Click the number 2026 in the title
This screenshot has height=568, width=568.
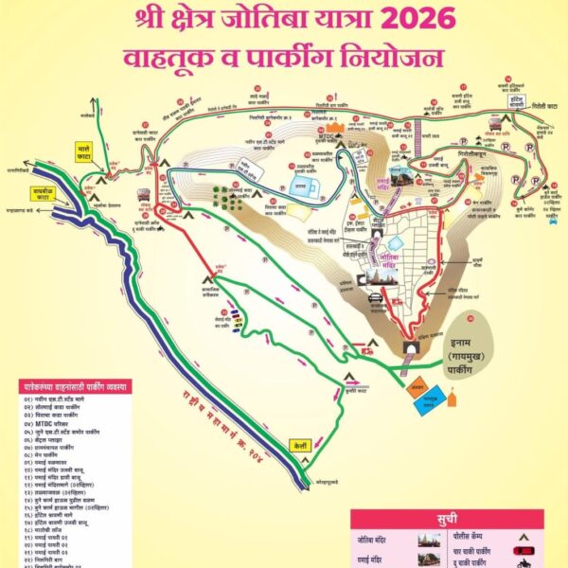415,19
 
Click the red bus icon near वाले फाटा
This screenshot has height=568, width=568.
144,196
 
